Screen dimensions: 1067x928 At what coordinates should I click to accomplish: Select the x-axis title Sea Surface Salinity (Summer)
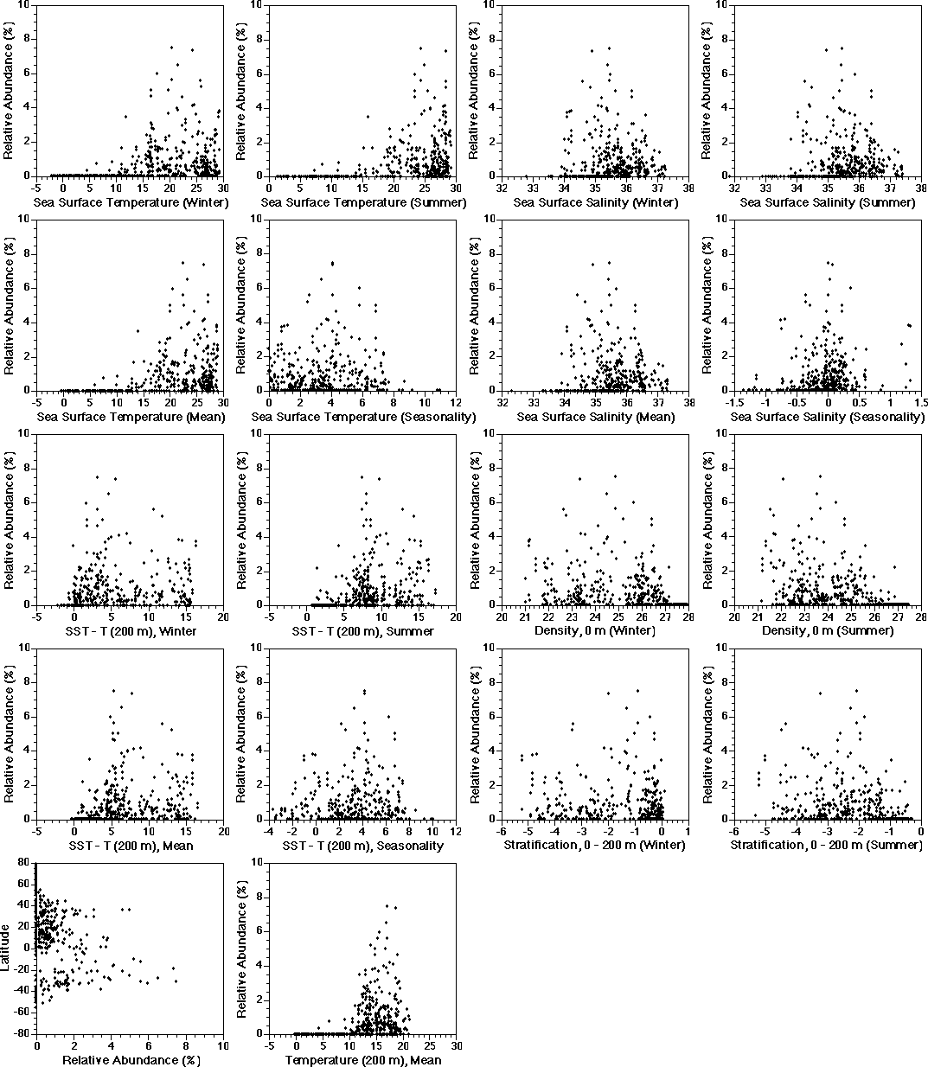click(827, 202)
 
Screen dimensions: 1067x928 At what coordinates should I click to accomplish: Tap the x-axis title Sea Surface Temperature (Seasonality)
click(363, 417)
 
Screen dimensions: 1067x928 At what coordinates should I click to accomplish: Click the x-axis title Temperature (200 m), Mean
click(363, 1060)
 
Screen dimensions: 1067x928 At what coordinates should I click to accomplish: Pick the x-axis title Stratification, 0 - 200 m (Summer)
click(827, 845)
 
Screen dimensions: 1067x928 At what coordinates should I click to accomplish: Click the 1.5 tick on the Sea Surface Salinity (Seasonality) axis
click(921, 402)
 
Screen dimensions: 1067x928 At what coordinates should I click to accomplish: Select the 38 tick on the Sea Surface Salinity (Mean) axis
click(688, 402)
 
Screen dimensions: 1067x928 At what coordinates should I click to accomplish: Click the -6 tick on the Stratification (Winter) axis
click(501, 831)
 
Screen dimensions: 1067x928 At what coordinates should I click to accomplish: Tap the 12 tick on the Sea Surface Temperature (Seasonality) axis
click(456, 402)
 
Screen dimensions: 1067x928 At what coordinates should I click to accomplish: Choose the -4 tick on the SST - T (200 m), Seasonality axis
click(269, 831)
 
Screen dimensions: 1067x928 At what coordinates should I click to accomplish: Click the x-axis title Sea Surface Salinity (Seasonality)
click(827, 417)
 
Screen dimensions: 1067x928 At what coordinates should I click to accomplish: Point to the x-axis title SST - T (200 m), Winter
click(130, 631)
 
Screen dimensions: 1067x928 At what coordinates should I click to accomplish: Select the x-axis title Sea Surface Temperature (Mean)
click(130, 417)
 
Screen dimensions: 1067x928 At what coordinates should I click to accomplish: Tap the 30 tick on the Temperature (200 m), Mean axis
click(456, 1045)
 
